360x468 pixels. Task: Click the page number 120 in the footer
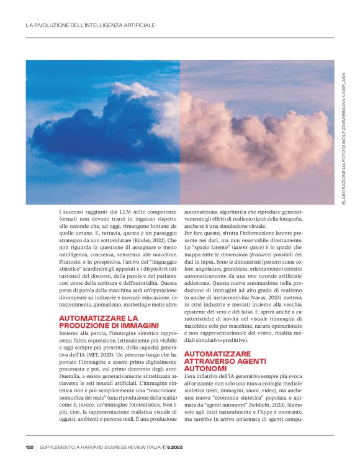click(29, 446)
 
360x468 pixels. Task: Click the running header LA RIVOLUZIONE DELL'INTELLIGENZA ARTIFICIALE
click(89, 25)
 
